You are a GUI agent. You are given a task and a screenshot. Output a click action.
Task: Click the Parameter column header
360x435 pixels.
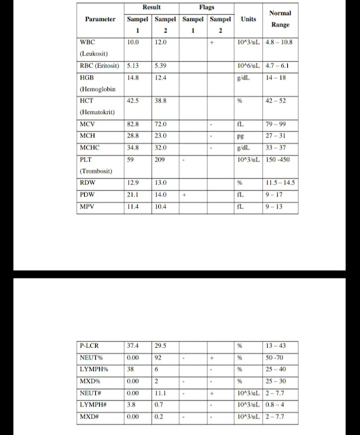click(100, 20)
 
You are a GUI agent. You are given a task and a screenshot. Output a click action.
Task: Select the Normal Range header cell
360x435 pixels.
click(280, 18)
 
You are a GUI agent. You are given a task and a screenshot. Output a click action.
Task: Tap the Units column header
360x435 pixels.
click(249, 20)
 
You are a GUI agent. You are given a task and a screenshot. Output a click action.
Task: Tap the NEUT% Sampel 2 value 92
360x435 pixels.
click(158, 358)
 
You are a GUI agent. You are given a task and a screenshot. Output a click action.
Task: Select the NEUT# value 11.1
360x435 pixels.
click(160, 392)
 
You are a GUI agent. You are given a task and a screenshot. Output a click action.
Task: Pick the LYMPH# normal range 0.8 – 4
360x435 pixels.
click(278, 404)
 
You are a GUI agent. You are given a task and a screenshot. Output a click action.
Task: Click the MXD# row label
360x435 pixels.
click(90, 415)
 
